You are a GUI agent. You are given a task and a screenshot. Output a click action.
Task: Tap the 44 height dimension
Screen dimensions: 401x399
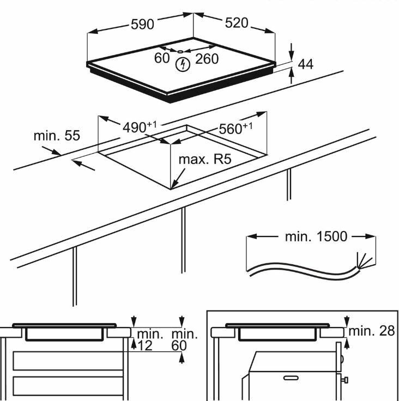point(306,64)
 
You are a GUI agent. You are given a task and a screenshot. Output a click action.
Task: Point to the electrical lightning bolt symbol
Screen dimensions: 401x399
point(184,65)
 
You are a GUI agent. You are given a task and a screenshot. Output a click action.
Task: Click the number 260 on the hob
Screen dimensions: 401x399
point(207,58)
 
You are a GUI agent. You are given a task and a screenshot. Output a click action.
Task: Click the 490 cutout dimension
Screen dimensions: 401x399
point(136,127)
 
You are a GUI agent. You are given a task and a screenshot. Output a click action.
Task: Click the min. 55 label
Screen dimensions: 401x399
point(57,135)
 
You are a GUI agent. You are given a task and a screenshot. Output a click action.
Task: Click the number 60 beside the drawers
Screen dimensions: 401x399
point(179,345)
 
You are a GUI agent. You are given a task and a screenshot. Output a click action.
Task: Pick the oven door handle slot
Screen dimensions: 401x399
point(291,376)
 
